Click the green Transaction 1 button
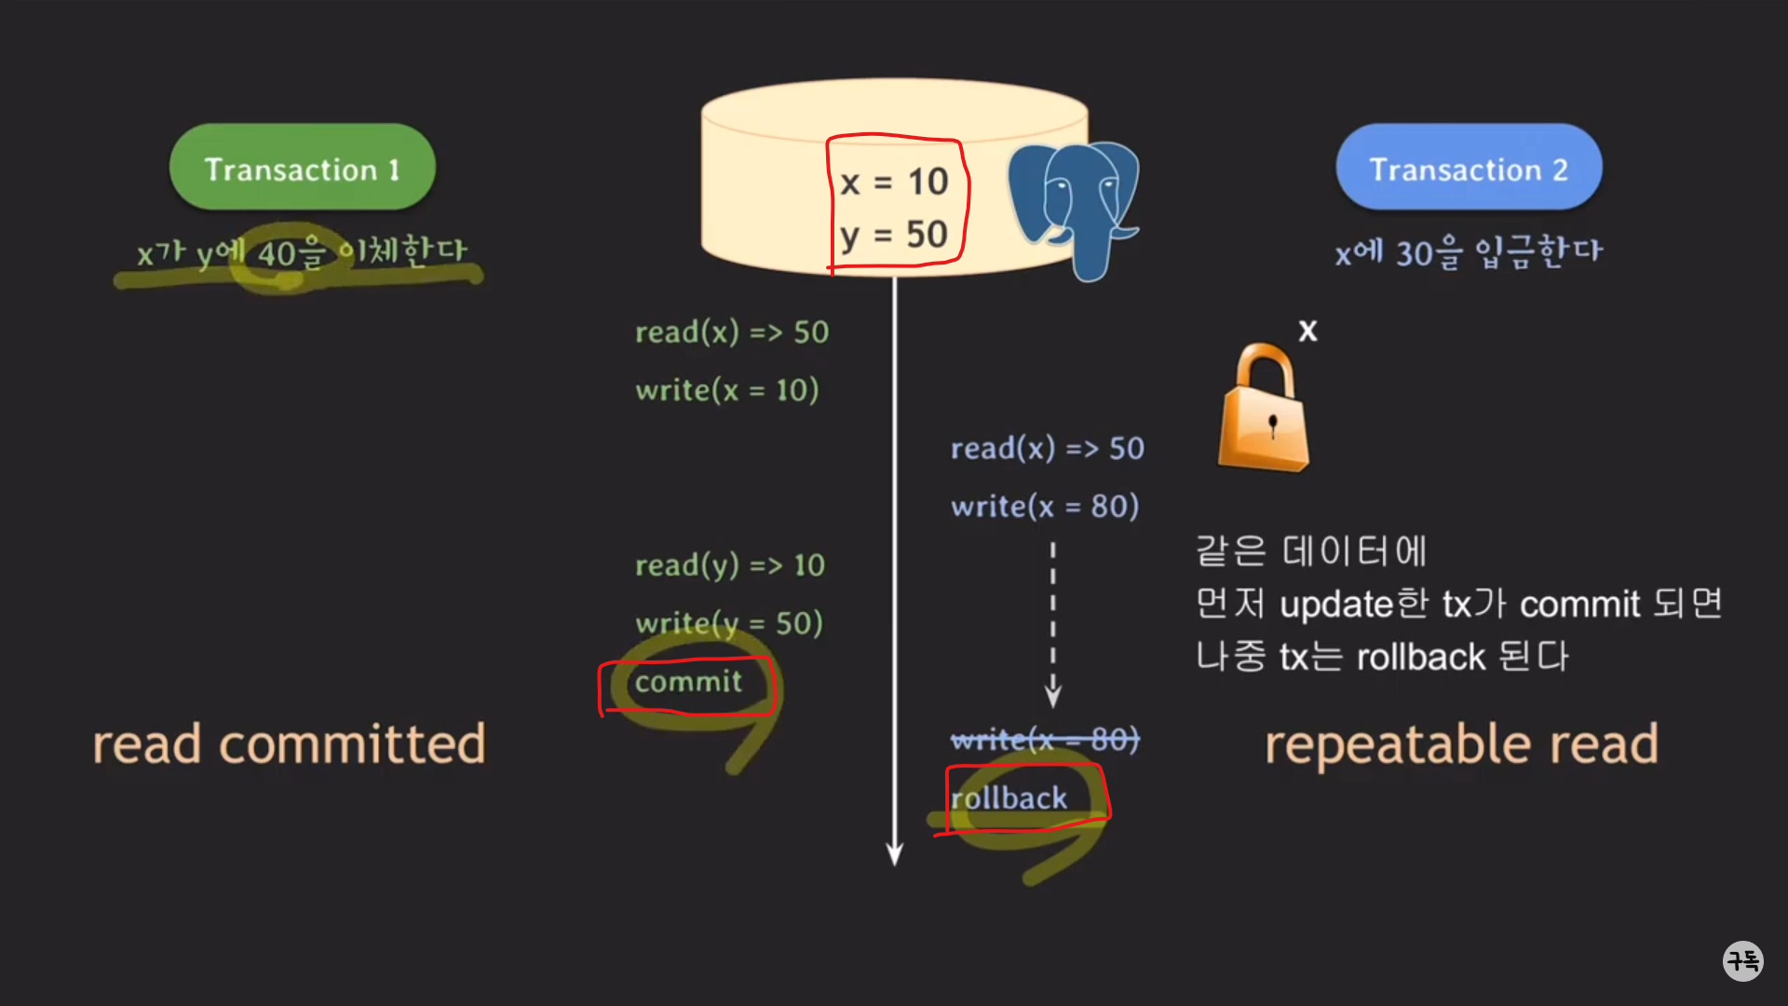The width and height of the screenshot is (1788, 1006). tap(302, 168)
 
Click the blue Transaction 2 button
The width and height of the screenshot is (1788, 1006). tap(1469, 168)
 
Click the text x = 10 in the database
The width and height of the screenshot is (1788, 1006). tap(894, 182)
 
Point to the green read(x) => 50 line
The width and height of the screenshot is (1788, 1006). tap(732, 333)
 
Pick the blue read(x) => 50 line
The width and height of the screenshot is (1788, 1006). tap(1047, 449)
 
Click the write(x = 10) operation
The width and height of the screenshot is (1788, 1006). tap(727, 390)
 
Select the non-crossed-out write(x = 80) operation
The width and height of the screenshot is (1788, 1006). tap(1045, 507)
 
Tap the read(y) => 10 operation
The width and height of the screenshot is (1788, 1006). tap(730, 565)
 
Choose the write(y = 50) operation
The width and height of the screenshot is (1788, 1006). tap(729, 623)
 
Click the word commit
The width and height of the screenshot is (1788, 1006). tap(688, 682)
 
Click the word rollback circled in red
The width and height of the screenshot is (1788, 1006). tap(1009, 798)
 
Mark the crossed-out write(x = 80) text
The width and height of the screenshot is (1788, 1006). tap(1045, 741)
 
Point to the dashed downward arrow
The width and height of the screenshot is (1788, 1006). tap(1053, 624)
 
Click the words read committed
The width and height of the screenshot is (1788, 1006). tap(289, 744)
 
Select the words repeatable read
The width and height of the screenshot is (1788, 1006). tap(1461, 744)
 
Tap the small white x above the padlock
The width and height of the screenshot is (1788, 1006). tap(1308, 331)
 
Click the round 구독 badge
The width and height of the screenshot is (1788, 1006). tap(1742, 960)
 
